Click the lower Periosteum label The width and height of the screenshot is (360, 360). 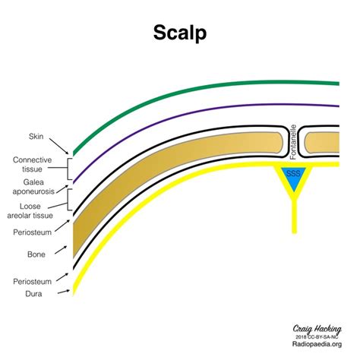pos(33,280)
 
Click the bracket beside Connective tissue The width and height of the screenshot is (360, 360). pos(70,164)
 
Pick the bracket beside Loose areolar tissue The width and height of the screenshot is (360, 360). pos(70,200)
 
